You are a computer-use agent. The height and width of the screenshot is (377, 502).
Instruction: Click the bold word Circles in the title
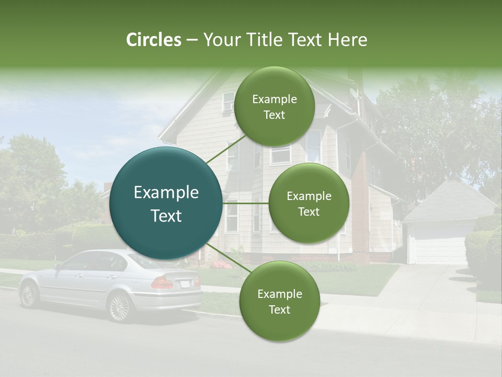[x=153, y=40]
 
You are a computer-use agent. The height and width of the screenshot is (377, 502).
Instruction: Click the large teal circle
[x=166, y=204]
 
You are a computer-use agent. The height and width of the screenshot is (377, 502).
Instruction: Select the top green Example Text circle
[x=274, y=107]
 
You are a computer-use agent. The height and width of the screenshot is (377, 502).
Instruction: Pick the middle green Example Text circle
[x=309, y=204]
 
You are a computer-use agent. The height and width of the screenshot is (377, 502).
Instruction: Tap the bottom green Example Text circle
[x=279, y=301]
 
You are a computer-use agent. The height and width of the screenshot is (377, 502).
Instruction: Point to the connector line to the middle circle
[x=246, y=203]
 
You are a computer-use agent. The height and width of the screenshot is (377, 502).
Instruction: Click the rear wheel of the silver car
[x=120, y=306]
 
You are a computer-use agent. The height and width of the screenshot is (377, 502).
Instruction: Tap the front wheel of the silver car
[x=29, y=295]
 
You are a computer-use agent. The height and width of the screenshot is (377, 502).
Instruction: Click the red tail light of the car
[x=163, y=283]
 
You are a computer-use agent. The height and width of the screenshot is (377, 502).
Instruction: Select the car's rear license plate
[x=185, y=284]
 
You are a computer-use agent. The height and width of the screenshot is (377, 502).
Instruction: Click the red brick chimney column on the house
[x=360, y=209]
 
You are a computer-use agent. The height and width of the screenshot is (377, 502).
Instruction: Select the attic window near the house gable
[x=228, y=102]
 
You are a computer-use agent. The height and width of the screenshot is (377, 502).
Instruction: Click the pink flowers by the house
[x=223, y=264]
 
